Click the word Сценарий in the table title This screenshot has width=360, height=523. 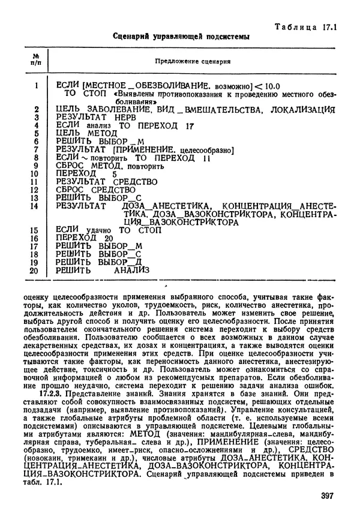[131, 37]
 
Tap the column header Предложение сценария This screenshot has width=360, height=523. [195, 62]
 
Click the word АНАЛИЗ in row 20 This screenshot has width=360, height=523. [132, 270]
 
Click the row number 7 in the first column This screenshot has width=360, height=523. [36, 149]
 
